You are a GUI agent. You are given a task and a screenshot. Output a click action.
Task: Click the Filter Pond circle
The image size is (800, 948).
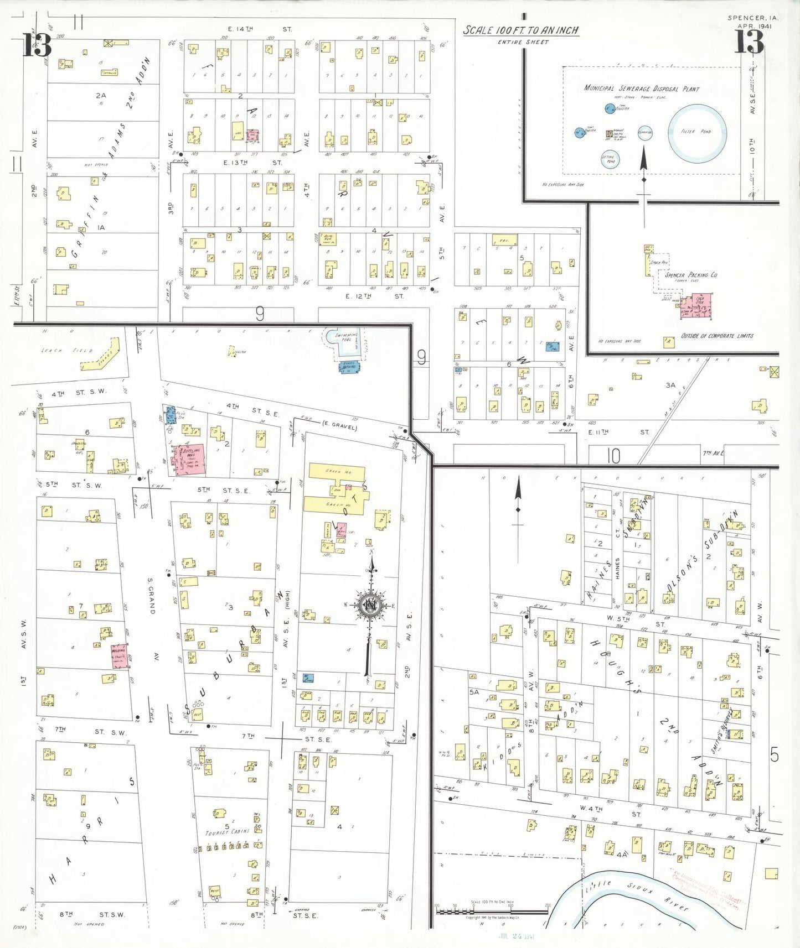(697, 132)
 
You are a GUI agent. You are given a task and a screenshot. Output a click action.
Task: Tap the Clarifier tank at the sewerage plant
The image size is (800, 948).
(645, 133)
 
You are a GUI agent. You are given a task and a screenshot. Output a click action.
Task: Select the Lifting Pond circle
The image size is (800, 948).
(609, 159)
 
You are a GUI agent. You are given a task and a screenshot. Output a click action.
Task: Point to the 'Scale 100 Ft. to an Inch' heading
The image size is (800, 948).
(521, 30)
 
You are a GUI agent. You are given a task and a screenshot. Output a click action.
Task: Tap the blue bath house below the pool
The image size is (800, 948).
(349, 366)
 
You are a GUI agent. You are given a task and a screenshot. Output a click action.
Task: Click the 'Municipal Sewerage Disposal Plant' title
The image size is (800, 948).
(642, 88)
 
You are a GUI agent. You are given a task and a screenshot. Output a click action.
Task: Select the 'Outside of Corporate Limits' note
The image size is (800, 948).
(717, 336)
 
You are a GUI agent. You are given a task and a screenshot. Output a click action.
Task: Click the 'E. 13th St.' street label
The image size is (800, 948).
(252, 163)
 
